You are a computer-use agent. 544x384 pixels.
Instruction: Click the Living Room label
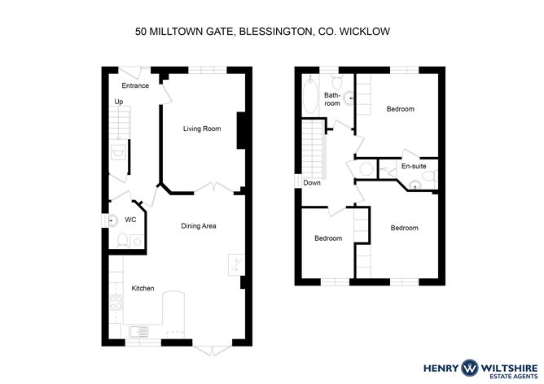pyautogui.click(x=202, y=129)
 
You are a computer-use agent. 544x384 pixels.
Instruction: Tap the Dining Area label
pyautogui.click(x=199, y=226)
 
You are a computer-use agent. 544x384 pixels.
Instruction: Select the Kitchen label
pyautogui.click(x=143, y=288)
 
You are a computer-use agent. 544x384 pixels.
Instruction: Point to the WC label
pyautogui.click(x=130, y=220)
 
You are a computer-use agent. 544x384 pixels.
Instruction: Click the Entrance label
pyautogui.click(x=135, y=85)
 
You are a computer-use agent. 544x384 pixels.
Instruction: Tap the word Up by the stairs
pyautogui.click(x=119, y=102)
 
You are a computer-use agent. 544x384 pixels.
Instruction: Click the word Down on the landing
pyautogui.click(x=312, y=182)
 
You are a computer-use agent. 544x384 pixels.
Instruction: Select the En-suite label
pyautogui.click(x=414, y=166)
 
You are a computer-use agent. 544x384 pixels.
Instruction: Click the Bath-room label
pyautogui.click(x=332, y=98)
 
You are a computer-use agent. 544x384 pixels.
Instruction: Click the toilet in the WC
pyautogui.click(x=122, y=240)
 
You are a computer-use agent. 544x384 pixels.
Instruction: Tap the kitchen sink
pyautogui.click(x=139, y=332)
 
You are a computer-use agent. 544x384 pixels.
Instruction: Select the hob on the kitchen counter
pyautogui.click(x=116, y=302)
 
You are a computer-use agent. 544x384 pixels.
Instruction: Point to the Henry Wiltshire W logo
pyautogui.click(x=469, y=368)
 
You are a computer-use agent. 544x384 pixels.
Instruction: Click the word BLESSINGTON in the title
pyautogui.click(x=276, y=32)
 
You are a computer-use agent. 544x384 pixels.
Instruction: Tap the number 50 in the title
pyautogui.click(x=141, y=32)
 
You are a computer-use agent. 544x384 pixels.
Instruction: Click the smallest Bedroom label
pyautogui.click(x=328, y=238)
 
